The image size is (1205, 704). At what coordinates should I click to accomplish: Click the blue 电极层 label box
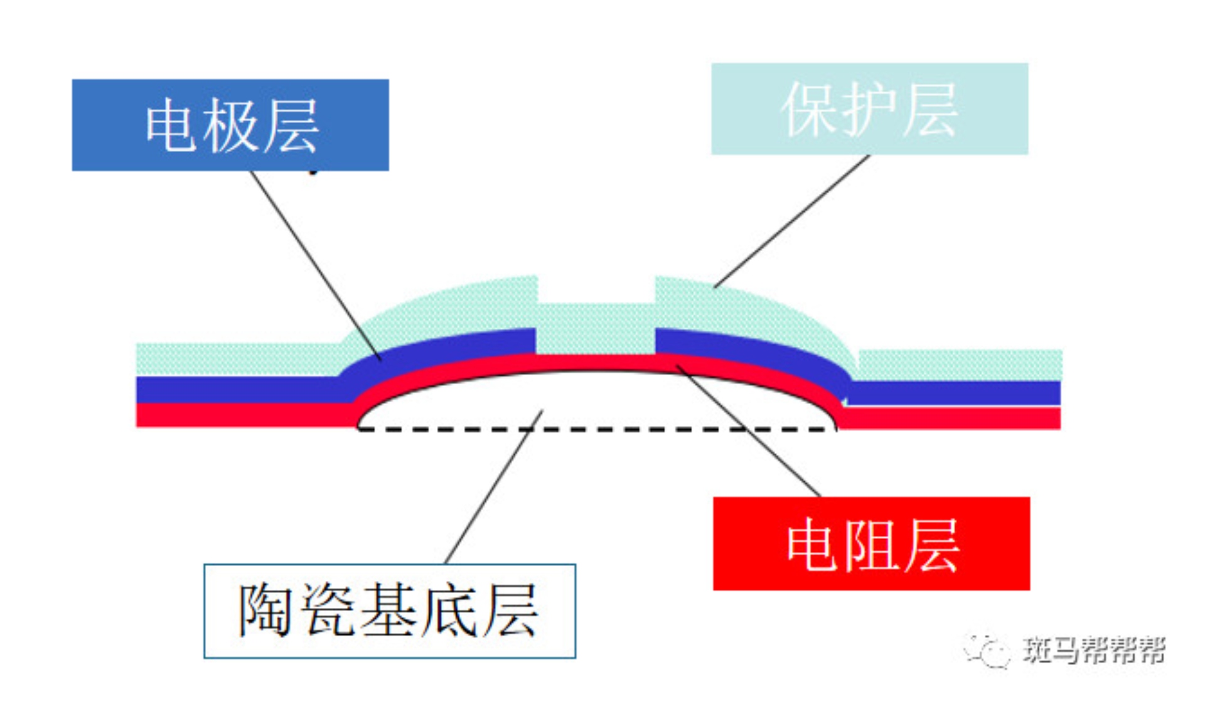point(230,125)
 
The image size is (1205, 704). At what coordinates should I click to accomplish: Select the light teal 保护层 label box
point(869,109)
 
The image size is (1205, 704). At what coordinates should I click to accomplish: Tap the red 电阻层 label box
point(871,543)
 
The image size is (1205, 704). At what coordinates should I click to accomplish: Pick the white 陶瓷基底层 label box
point(389,611)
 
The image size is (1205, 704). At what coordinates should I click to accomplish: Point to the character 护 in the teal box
point(869,110)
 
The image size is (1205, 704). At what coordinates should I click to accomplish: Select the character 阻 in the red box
point(871,545)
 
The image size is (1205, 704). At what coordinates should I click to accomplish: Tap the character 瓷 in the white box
point(328,611)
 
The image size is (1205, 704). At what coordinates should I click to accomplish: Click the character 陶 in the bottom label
point(265,611)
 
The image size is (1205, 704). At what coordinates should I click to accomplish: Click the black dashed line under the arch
point(596,429)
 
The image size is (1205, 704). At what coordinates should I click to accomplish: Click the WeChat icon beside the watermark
point(988,650)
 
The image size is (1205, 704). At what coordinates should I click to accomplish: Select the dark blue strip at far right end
point(1004,393)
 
